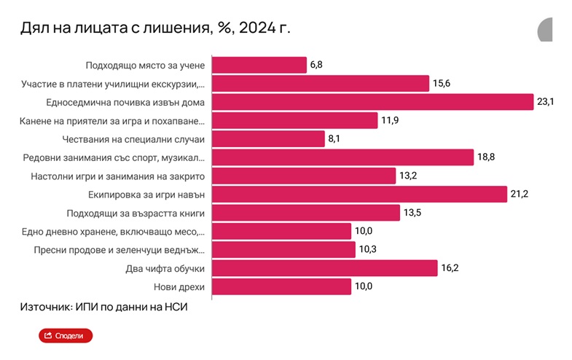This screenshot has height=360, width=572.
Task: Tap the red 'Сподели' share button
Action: (66, 335)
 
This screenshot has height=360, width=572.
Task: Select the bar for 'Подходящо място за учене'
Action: (259, 65)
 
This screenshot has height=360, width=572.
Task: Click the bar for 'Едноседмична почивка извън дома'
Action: (372, 102)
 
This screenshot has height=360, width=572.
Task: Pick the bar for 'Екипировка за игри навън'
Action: (359, 194)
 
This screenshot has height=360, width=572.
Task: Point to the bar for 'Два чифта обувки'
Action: (324, 268)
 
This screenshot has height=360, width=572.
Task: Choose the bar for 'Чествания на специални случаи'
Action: (267, 138)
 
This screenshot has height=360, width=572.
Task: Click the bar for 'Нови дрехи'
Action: (281, 286)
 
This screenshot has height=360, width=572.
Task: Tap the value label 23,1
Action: (546, 102)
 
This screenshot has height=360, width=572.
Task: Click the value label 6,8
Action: (316, 65)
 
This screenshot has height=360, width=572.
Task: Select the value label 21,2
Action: (519, 194)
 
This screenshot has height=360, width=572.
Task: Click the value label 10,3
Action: (367, 250)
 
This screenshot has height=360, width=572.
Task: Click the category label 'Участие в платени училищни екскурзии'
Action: (113, 84)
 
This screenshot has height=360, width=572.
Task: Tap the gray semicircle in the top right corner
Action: (545, 30)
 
